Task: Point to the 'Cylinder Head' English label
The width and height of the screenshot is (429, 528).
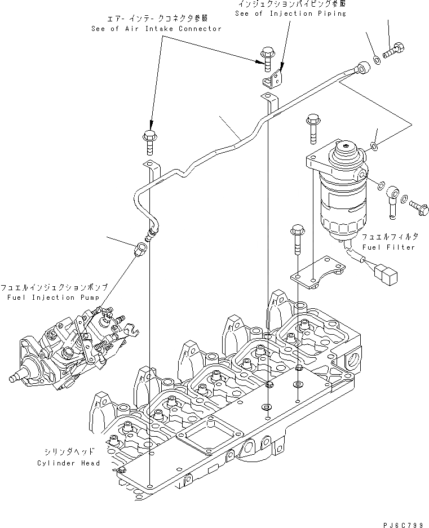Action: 69,463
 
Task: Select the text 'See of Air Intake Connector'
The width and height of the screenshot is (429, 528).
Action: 156,29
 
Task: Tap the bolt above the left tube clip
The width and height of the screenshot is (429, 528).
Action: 149,141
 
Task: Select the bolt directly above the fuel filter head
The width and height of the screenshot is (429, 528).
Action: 313,128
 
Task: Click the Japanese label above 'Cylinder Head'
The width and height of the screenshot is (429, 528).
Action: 69,451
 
